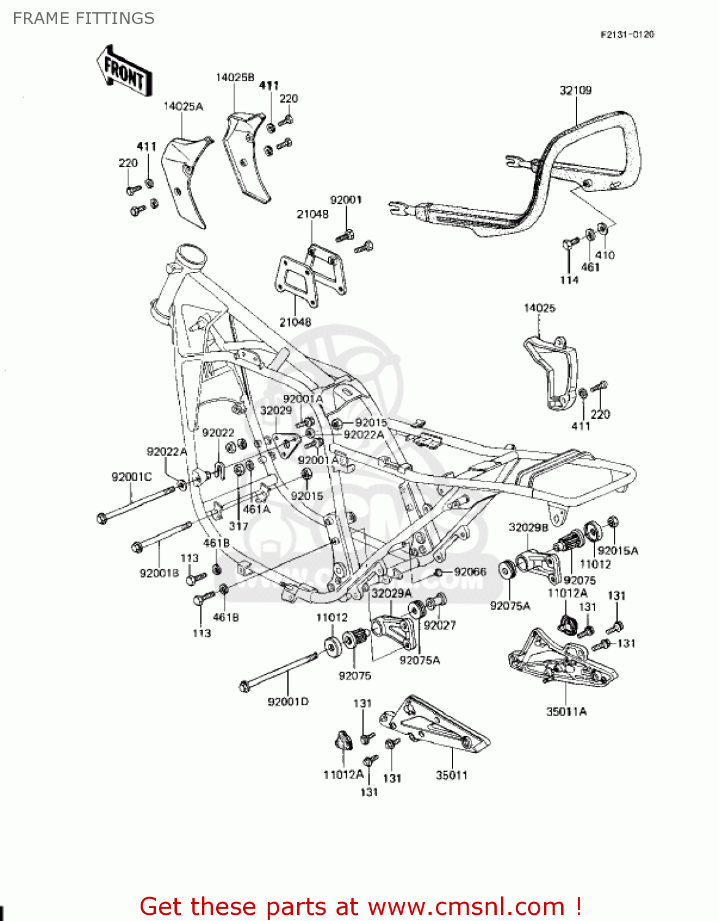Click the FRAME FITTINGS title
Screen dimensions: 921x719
(84, 18)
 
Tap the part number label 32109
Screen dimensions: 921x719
(575, 90)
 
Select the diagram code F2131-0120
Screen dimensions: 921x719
(627, 34)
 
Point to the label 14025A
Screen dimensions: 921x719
(183, 106)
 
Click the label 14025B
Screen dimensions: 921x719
(235, 77)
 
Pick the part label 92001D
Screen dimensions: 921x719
(288, 701)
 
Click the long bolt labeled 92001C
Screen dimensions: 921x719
(138, 502)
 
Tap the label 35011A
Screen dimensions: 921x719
(566, 712)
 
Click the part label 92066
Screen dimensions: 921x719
(470, 572)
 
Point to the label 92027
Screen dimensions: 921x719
(440, 625)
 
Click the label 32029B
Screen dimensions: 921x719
(528, 527)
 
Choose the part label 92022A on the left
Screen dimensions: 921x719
(166, 452)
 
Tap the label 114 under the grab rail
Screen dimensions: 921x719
(569, 280)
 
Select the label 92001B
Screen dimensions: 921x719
(159, 573)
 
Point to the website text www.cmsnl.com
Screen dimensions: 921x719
(466, 906)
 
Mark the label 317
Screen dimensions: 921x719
(238, 526)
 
